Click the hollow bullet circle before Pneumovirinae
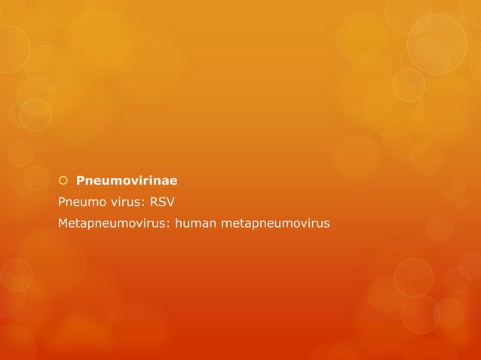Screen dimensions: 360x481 [x=63, y=181]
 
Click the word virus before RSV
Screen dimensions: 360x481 [x=127, y=202]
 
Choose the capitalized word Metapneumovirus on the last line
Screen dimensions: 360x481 [x=112, y=223]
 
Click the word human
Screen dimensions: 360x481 [x=195, y=223]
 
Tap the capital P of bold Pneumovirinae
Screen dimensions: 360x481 [x=81, y=181]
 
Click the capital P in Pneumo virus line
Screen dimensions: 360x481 [x=62, y=202]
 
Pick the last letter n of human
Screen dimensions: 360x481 [x=213, y=224]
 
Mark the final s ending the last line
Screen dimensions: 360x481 [x=326, y=224]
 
